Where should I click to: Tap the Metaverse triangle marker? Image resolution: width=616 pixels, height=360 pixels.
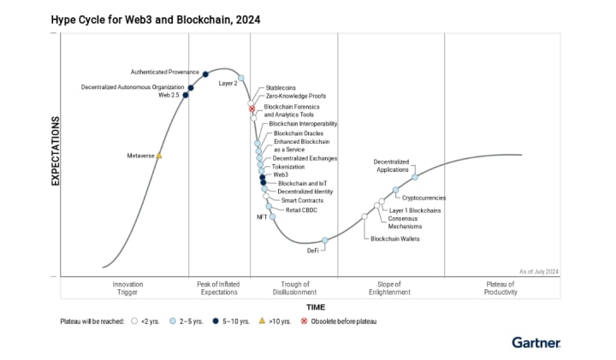tap(159, 156)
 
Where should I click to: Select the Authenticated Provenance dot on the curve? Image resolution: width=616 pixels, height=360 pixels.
tap(205, 74)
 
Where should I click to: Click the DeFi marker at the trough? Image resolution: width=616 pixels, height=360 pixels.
tap(324, 240)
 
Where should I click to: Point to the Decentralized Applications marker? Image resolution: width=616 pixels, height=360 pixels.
tap(415, 177)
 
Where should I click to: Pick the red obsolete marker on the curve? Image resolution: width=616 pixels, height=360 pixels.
tap(252, 109)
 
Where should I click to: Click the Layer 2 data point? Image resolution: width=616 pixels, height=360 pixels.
tap(241, 79)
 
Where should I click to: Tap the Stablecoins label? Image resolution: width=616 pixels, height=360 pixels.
tap(281, 87)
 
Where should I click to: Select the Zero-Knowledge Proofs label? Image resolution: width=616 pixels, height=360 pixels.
tap(295, 97)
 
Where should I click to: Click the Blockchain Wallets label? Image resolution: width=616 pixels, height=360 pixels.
tap(394, 239)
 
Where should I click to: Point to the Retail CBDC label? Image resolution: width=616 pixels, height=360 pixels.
tap(301, 210)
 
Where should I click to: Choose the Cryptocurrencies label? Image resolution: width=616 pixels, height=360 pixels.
tap(423, 198)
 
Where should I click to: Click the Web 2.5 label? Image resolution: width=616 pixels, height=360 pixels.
tap(169, 95)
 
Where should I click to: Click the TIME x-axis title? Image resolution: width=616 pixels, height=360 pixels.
tap(316, 306)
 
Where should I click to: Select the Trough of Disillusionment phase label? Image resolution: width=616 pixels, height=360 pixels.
tap(295, 288)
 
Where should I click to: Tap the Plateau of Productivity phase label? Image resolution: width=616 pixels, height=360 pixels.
tap(500, 288)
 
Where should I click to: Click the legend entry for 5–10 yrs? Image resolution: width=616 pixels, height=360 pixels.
tap(231, 322)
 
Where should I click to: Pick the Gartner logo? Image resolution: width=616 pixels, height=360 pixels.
tap(536, 342)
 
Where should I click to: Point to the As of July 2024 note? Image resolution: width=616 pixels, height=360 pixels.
tap(538, 271)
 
